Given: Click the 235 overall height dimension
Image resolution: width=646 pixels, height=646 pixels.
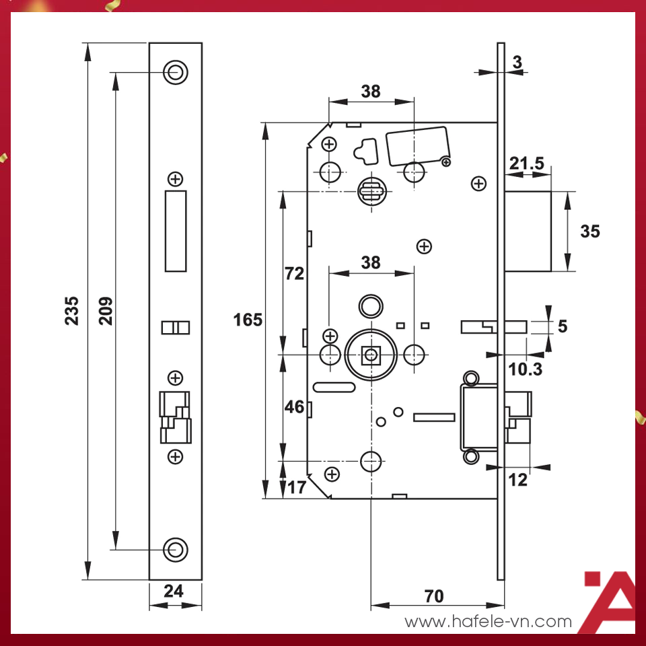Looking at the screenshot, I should [72, 310].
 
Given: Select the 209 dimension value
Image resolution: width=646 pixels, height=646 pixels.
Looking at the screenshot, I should [106, 310].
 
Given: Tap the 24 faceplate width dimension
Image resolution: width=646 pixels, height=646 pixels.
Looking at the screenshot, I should [174, 591].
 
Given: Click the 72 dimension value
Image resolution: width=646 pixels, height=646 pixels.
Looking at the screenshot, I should [295, 274].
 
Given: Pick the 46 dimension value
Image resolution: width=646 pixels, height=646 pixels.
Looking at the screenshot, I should [295, 407].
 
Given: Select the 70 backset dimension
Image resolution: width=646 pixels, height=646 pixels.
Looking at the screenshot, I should [434, 596].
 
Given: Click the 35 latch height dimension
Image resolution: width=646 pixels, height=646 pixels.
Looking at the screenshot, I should [589, 231].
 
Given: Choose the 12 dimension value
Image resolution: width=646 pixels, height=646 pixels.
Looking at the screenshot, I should [518, 480].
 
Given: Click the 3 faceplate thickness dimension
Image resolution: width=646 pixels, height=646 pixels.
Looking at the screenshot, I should [517, 63].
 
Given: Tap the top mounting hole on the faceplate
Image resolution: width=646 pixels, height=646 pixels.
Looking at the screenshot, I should [176, 72].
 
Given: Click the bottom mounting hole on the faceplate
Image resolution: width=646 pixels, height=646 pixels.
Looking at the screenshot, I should [176, 548].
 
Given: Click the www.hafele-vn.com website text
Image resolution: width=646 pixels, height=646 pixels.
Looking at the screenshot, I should [488, 622].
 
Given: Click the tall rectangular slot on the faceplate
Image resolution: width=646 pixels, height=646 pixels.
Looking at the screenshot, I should [176, 231].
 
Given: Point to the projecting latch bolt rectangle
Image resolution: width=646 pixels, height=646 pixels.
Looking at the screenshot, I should [528, 231].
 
